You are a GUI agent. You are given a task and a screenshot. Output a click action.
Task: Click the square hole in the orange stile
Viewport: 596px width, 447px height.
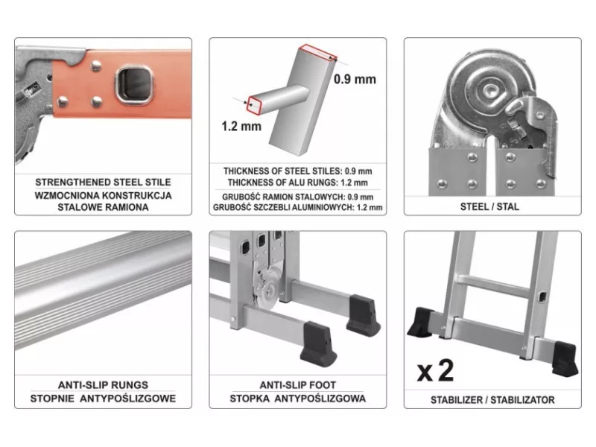coord(134,84)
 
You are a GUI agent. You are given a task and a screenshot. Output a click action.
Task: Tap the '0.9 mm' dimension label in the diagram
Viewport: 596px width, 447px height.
coord(355,79)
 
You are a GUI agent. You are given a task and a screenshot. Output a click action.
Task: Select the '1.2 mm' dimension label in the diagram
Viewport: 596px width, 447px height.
coord(241,126)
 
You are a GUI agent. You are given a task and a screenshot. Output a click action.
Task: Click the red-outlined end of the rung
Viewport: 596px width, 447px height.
coord(254,105)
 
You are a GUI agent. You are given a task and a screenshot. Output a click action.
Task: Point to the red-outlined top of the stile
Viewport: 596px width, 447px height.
coord(318,52)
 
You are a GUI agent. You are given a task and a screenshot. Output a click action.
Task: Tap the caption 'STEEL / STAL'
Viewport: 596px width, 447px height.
coord(489,207)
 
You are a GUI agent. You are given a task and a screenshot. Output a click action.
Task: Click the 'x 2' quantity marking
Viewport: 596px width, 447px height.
coord(435,370)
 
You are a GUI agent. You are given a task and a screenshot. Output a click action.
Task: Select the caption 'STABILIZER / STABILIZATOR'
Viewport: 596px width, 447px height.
coord(492,400)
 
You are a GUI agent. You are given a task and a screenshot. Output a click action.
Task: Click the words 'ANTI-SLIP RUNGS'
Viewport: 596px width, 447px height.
coord(103,385)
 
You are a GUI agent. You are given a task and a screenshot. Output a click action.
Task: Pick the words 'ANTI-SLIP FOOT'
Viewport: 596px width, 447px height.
coord(297,385)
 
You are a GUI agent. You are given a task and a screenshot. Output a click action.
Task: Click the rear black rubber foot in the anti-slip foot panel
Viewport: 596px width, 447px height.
coord(363,315)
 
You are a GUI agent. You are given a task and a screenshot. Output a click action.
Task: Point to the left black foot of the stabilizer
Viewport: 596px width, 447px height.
coord(421,322)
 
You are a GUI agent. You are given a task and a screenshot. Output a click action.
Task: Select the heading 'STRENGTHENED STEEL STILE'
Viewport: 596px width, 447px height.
coord(103,183)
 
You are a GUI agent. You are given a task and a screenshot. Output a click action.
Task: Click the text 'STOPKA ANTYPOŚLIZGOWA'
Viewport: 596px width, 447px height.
coord(297,399)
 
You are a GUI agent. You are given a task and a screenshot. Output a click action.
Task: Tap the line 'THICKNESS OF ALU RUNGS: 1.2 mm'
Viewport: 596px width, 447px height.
coord(297,183)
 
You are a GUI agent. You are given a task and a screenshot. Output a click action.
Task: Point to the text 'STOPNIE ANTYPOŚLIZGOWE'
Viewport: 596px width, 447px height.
coord(103,399)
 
